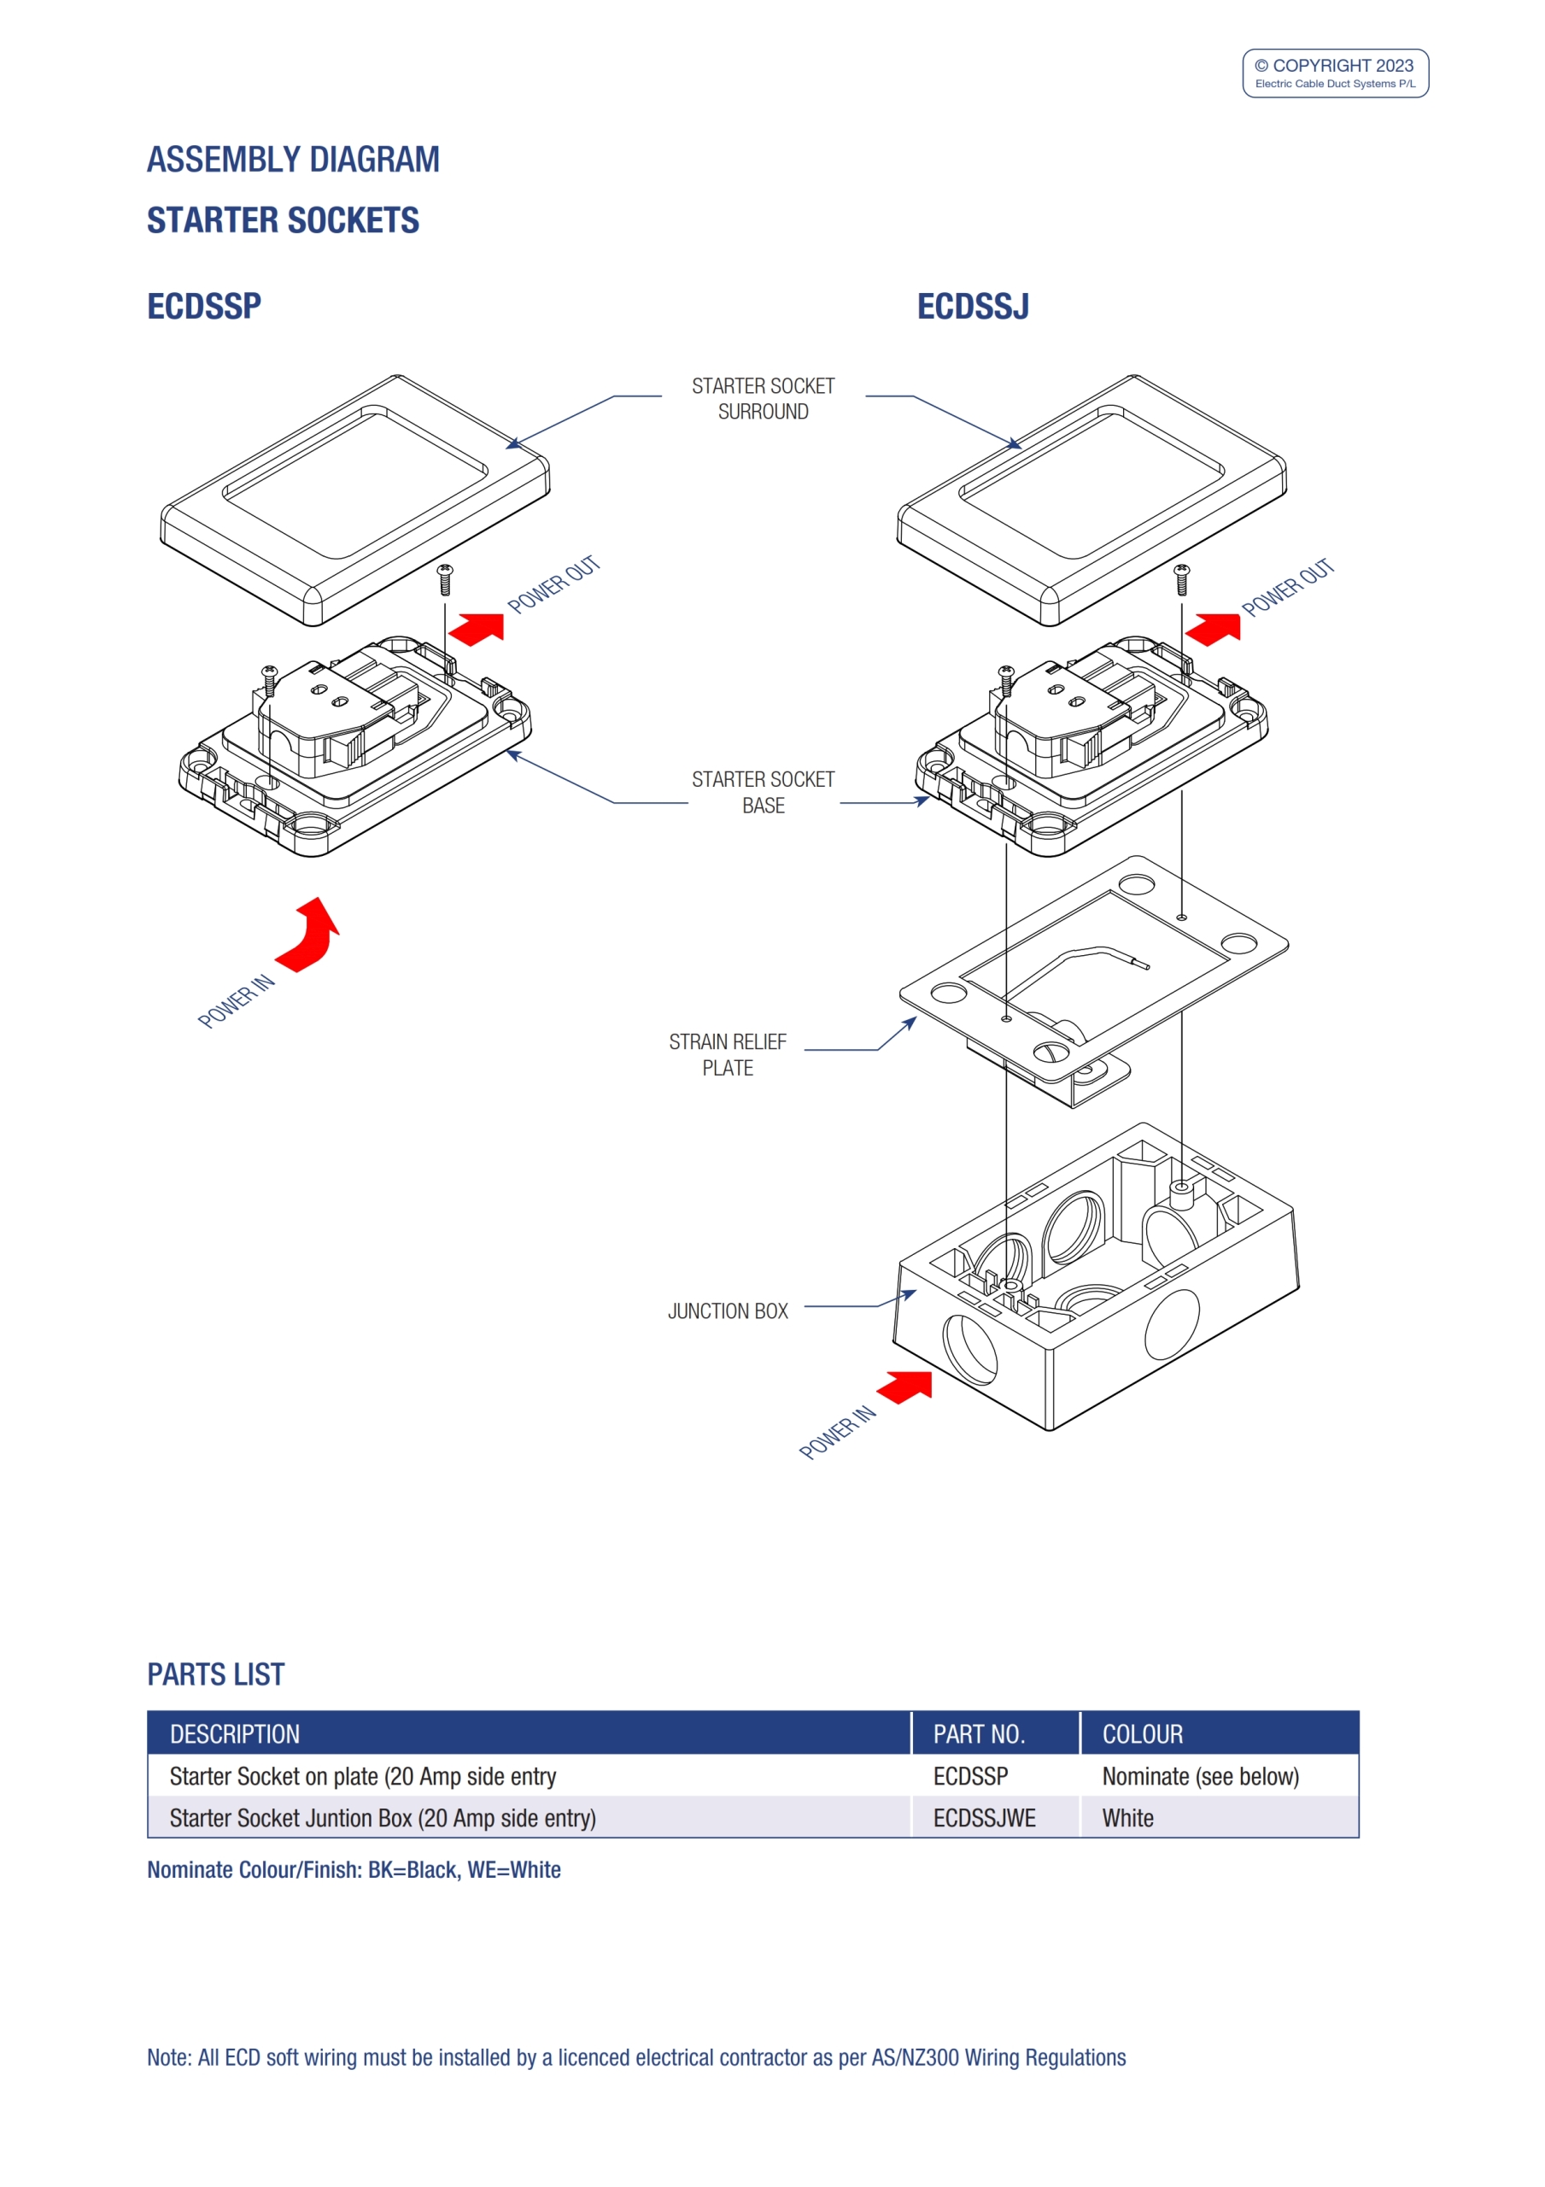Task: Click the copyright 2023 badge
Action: click(1335, 73)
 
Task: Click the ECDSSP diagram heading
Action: click(204, 306)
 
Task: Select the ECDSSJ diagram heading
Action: click(973, 306)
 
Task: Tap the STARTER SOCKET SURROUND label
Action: click(763, 398)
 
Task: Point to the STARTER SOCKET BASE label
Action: click(763, 792)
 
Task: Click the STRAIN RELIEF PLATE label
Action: click(728, 1054)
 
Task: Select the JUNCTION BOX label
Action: click(728, 1310)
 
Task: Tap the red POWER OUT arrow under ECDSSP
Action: click(478, 629)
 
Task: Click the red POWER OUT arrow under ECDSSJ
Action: click(1214, 629)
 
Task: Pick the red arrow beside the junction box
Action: click(906, 1386)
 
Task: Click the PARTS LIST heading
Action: click(215, 1674)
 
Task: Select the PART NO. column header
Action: click(978, 1733)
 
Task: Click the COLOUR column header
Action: click(1142, 1733)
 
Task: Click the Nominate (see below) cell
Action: click(1200, 1775)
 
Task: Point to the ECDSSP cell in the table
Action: click(969, 1775)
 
